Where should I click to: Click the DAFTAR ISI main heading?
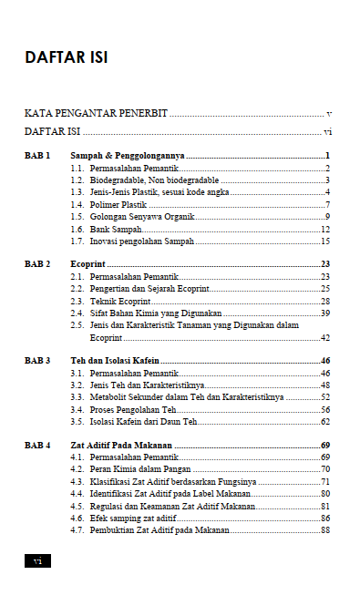pos(66,57)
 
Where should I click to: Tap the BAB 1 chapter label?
pos(37,156)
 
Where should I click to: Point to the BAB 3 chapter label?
pos(37,361)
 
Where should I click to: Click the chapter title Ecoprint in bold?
pos(88,263)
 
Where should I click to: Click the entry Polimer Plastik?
pos(118,205)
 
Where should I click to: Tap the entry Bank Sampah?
pos(116,230)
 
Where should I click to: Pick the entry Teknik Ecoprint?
pos(120,301)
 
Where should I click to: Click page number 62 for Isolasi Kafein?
pos(324,422)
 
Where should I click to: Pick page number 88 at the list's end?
pos(324,529)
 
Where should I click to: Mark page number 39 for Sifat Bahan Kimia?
pos(324,313)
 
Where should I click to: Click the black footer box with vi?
pos(37,560)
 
